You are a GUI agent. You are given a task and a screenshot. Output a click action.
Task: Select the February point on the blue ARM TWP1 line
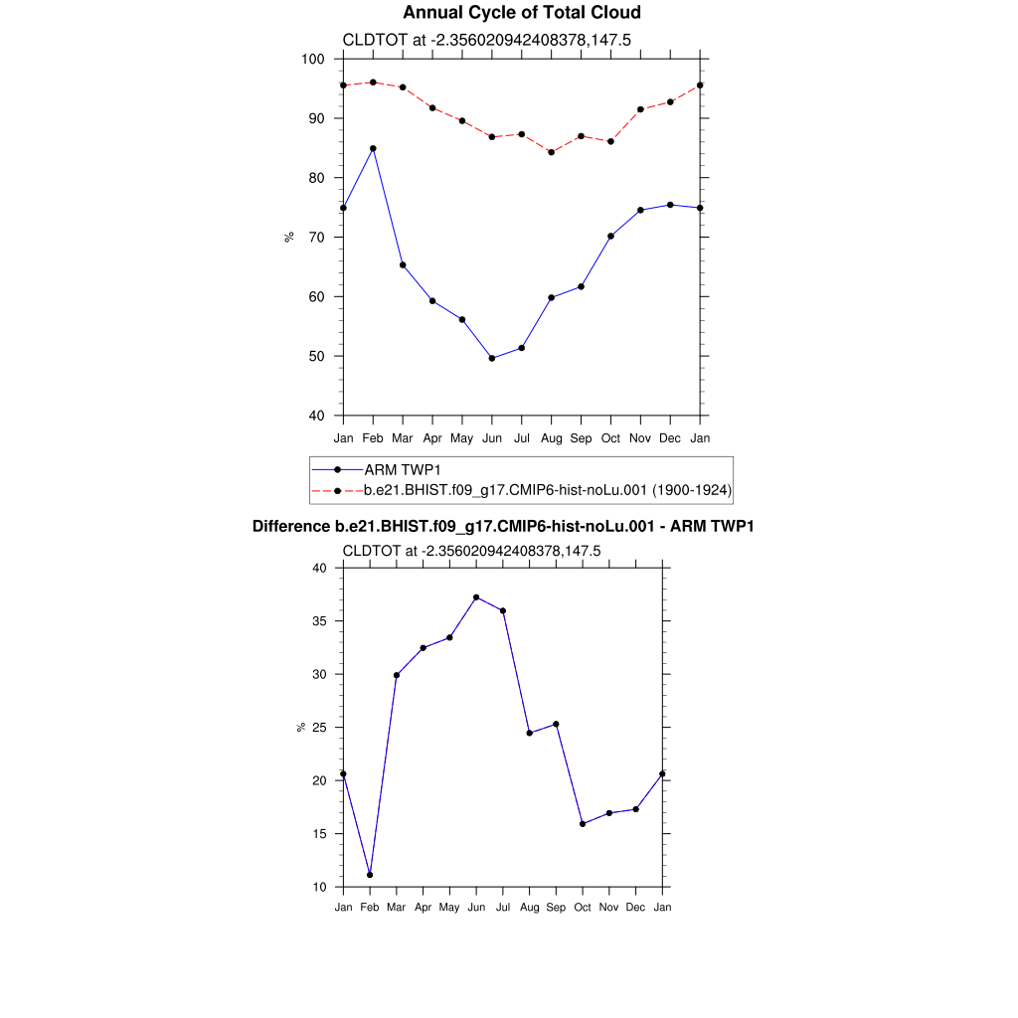pyautogui.click(x=373, y=148)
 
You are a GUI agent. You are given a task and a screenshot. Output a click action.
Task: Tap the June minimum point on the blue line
pyautogui.click(x=492, y=358)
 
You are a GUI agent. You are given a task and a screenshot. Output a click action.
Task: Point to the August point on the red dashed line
pyautogui.click(x=551, y=152)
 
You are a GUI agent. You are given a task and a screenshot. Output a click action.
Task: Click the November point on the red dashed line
pyautogui.click(x=640, y=109)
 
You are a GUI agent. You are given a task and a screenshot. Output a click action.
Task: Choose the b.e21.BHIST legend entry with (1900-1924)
pyautogui.click(x=548, y=490)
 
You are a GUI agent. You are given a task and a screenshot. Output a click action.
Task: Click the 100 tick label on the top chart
pyautogui.click(x=313, y=60)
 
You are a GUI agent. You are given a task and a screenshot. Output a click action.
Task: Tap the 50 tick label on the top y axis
pyautogui.click(x=317, y=357)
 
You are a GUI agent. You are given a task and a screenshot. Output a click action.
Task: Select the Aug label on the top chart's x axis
pyautogui.click(x=552, y=438)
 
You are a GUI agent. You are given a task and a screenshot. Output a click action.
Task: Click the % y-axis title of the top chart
pyautogui.click(x=289, y=237)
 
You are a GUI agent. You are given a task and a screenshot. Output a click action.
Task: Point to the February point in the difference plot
pyautogui.click(x=370, y=875)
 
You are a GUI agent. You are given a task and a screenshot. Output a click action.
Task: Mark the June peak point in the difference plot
pyautogui.click(x=476, y=597)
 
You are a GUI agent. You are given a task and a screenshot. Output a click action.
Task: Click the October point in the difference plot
pyautogui.click(x=583, y=824)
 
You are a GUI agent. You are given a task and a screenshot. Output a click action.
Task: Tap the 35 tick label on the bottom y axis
pyautogui.click(x=319, y=621)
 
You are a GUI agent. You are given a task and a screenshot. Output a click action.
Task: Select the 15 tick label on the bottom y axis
pyautogui.click(x=319, y=834)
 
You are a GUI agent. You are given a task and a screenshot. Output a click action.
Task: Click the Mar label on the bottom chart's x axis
pyautogui.click(x=397, y=908)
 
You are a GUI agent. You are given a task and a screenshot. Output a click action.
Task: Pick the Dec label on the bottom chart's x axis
pyautogui.click(x=635, y=908)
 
